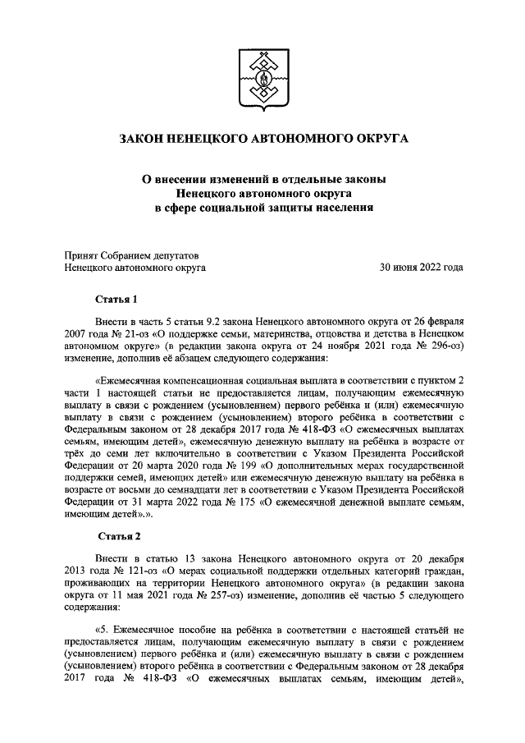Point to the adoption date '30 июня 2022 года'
pyautogui.click(x=420, y=267)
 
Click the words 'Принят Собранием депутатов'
pyautogui.click(x=131, y=254)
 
